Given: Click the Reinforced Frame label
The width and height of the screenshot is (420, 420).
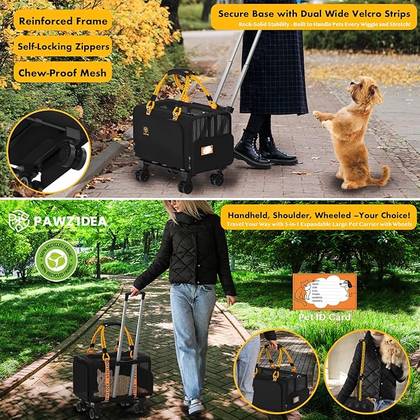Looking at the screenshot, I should click(62, 20).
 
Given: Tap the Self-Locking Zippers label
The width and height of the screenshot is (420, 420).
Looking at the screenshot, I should click(62, 46).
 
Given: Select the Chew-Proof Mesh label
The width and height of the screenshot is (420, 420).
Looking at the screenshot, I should click(62, 72).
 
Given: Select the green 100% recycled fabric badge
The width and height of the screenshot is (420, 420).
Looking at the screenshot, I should click(55, 260).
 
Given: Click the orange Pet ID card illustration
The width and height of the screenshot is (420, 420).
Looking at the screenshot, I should click(324, 291).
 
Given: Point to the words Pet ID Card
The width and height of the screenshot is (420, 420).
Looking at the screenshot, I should click(325, 317).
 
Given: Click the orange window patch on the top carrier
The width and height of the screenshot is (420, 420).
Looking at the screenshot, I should click(207, 150).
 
